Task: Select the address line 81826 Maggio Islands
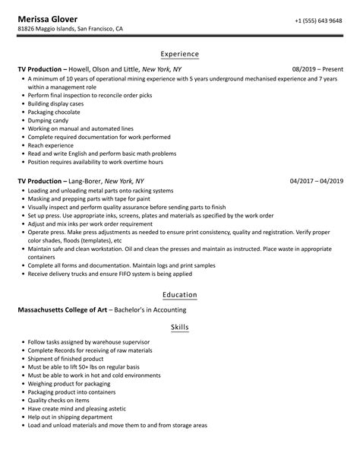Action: point(70,29)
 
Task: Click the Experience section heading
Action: point(180,54)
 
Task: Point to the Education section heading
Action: point(180,295)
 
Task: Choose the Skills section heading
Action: point(180,327)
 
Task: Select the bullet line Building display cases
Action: point(61,101)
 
